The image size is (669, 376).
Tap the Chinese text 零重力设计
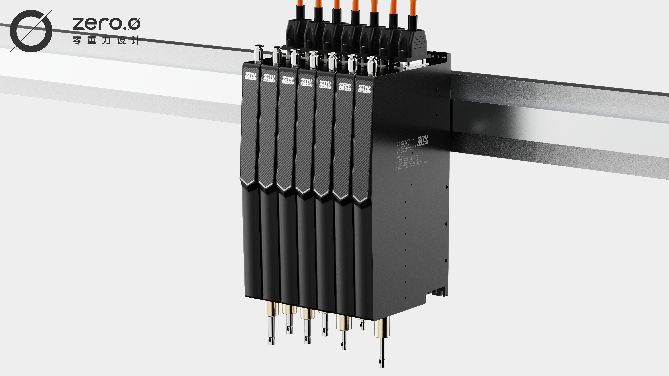(x=106, y=40)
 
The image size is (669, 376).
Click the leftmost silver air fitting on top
(x=258, y=53)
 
